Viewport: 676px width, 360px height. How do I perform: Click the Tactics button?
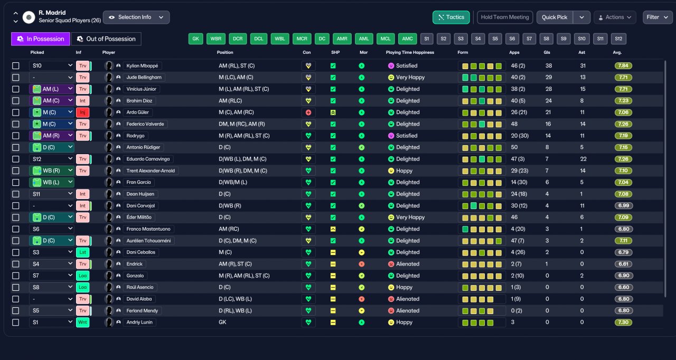pos(451,17)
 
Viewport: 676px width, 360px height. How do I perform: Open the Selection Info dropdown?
pos(136,17)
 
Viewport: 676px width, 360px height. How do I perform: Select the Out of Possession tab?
pos(106,39)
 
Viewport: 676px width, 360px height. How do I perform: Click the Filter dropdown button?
pos(658,17)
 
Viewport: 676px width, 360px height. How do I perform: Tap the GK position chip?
pos(195,39)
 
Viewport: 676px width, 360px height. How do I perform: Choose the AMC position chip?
pos(407,39)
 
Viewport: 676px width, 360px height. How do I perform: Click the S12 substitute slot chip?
pos(618,39)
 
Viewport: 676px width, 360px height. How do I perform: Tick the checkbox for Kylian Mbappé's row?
pos(16,66)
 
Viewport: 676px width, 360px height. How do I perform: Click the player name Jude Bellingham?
pos(144,77)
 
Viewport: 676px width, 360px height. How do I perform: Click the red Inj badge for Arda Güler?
pos(82,112)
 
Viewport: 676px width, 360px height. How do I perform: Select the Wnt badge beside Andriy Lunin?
pos(82,323)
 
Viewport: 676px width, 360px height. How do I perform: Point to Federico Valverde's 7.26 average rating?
pos(623,124)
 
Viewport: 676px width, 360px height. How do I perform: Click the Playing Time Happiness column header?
pos(410,52)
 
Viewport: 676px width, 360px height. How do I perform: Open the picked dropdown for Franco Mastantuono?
pos(52,229)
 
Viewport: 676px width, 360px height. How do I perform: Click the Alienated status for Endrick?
pos(407,264)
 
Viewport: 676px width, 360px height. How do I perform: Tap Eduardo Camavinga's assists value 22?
pos(583,159)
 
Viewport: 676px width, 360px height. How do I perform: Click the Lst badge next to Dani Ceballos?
pos(82,252)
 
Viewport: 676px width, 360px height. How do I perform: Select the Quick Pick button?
pos(555,17)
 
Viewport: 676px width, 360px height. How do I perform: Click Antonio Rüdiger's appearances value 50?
pos(514,147)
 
